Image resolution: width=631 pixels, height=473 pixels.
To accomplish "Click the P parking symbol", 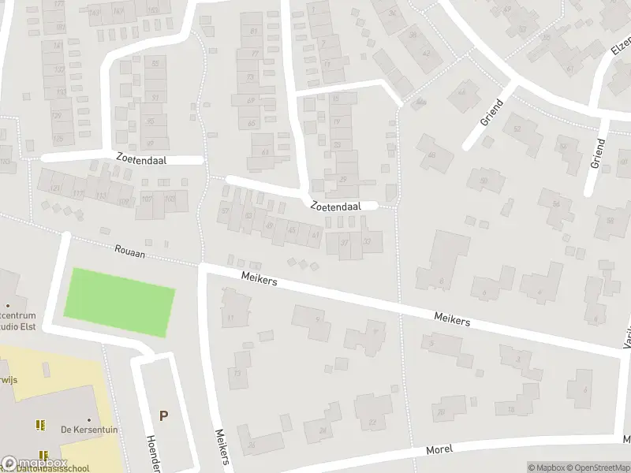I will pyautogui.click(x=163, y=416).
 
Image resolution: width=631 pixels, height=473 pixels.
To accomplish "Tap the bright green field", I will pyautogui.click(x=118, y=303).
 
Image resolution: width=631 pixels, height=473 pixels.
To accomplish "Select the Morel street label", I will pyautogui.click(x=439, y=449).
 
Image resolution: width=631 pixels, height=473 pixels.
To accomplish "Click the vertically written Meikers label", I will pyautogui.click(x=222, y=446).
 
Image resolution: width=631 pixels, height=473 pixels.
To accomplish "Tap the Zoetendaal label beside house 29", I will pyautogui.click(x=335, y=206).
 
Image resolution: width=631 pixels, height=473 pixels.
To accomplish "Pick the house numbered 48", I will pyautogui.click(x=432, y=154).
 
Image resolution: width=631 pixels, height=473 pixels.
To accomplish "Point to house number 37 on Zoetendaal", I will pyautogui.click(x=344, y=242).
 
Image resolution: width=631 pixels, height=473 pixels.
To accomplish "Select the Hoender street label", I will pyautogui.click(x=153, y=454).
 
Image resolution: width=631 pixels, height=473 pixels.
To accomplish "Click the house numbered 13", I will pyautogui.click(x=237, y=374).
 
